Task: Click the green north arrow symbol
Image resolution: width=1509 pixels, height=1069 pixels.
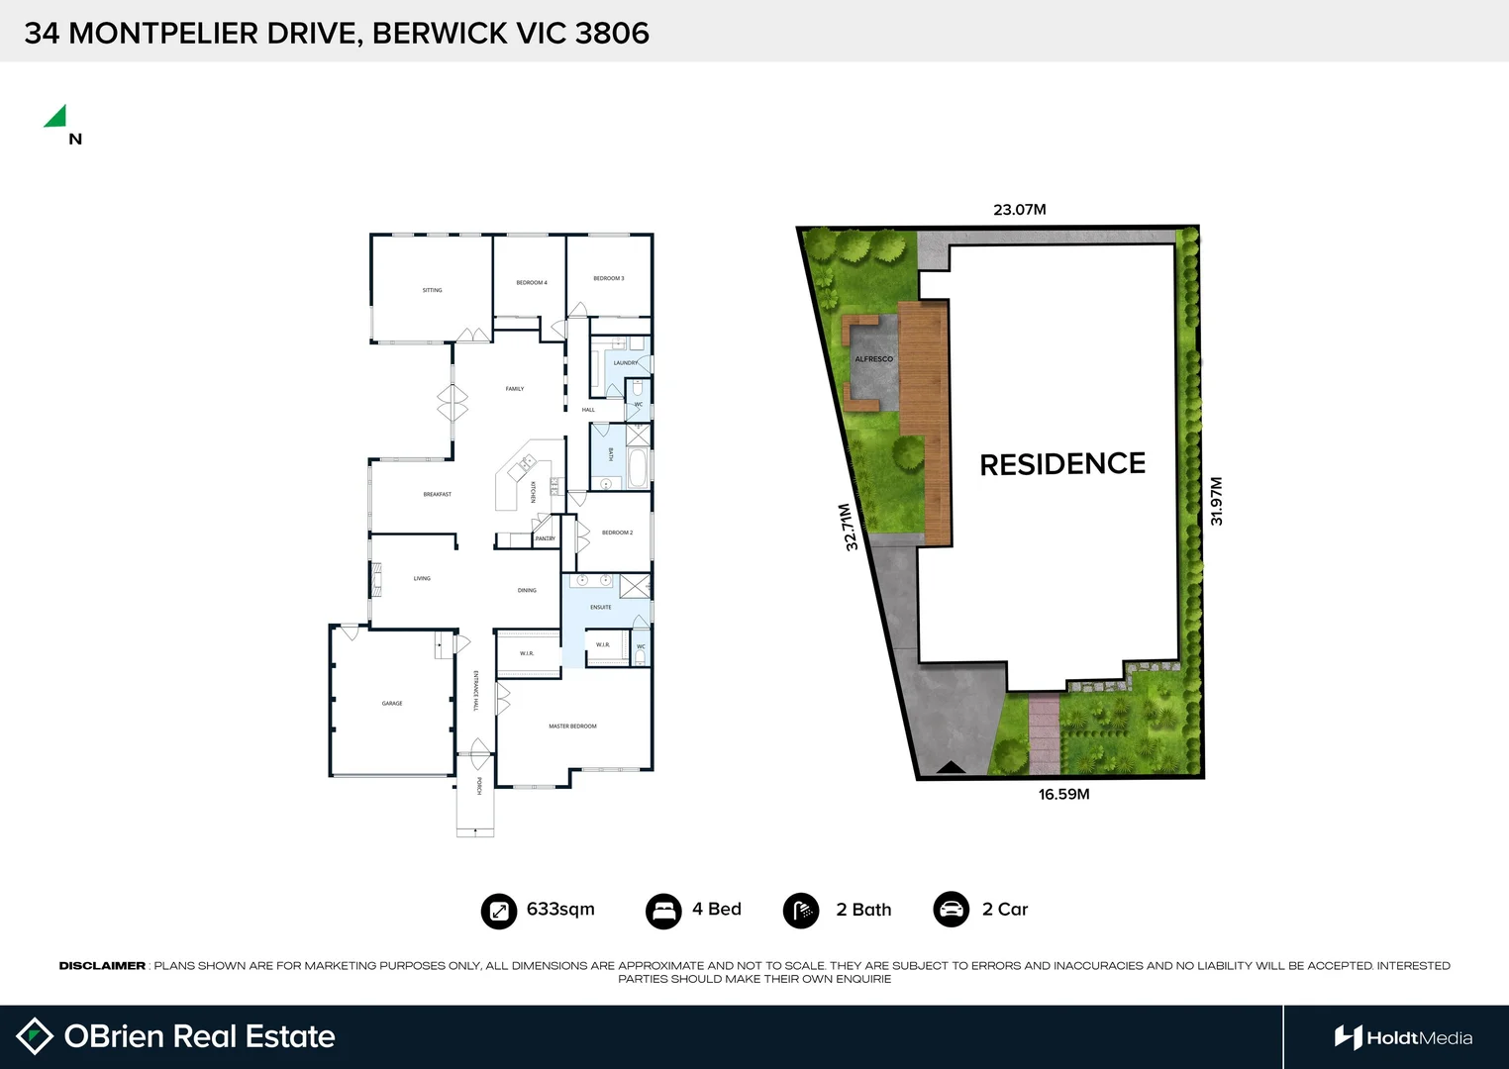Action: click(x=56, y=118)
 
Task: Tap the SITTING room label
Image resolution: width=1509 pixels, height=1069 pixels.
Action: click(x=433, y=290)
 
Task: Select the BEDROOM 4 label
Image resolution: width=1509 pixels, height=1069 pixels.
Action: click(x=532, y=283)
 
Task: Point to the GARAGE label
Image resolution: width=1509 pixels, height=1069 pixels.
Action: click(x=392, y=704)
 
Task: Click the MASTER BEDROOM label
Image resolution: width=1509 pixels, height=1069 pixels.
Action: click(x=572, y=727)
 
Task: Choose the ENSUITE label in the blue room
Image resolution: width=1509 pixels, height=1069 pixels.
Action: click(x=601, y=607)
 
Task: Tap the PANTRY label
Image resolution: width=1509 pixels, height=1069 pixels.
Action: click(x=545, y=538)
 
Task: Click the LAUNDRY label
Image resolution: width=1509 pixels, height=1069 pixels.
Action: click(x=625, y=363)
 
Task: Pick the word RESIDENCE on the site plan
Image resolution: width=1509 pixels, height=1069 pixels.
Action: click(x=1062, y=464)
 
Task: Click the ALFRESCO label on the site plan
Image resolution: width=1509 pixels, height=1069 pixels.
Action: click(x=873, y=359)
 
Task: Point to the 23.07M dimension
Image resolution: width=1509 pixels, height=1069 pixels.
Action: click(x=1020, y=210)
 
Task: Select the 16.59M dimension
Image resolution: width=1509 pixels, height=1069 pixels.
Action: click(x=1063, y=794)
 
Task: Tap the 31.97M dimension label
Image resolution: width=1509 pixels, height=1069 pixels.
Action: click(x=1217, y=501)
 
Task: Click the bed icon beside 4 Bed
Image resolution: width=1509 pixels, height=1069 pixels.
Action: click(x=663, y=911)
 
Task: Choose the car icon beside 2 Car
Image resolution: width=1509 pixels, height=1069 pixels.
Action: click(x=951, y=910)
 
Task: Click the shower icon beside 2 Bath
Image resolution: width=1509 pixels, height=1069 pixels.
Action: click(x=801, y=911)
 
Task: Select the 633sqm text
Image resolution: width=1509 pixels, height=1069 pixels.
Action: click(x=560, y=909)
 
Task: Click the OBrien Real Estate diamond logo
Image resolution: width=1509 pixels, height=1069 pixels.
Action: click(x=35, y=1036)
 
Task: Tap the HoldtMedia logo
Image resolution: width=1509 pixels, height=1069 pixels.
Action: click(x=1403, y=1037)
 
